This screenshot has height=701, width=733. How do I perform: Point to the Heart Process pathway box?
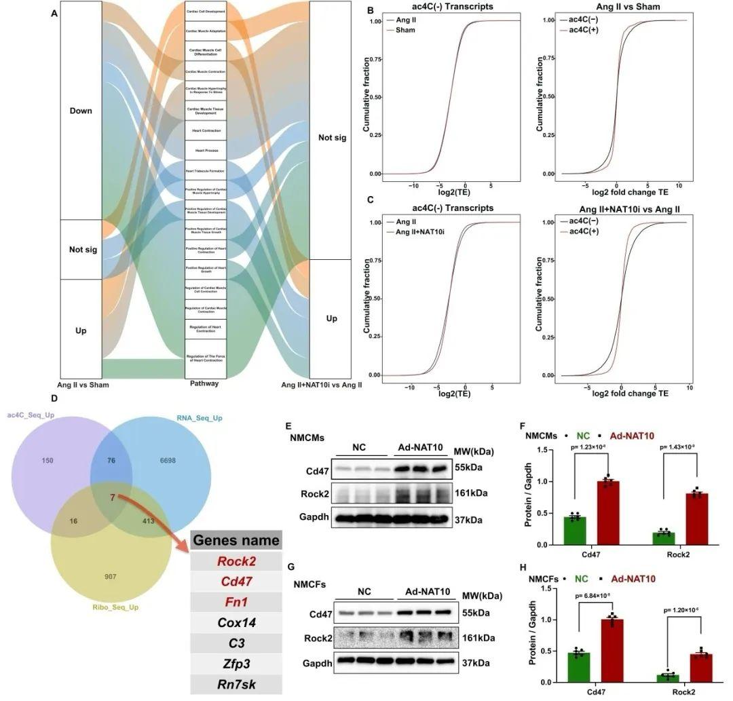(206, 150)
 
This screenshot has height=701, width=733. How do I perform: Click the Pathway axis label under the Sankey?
(204, 383)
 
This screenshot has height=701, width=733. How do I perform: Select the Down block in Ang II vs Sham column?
(81, 111)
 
